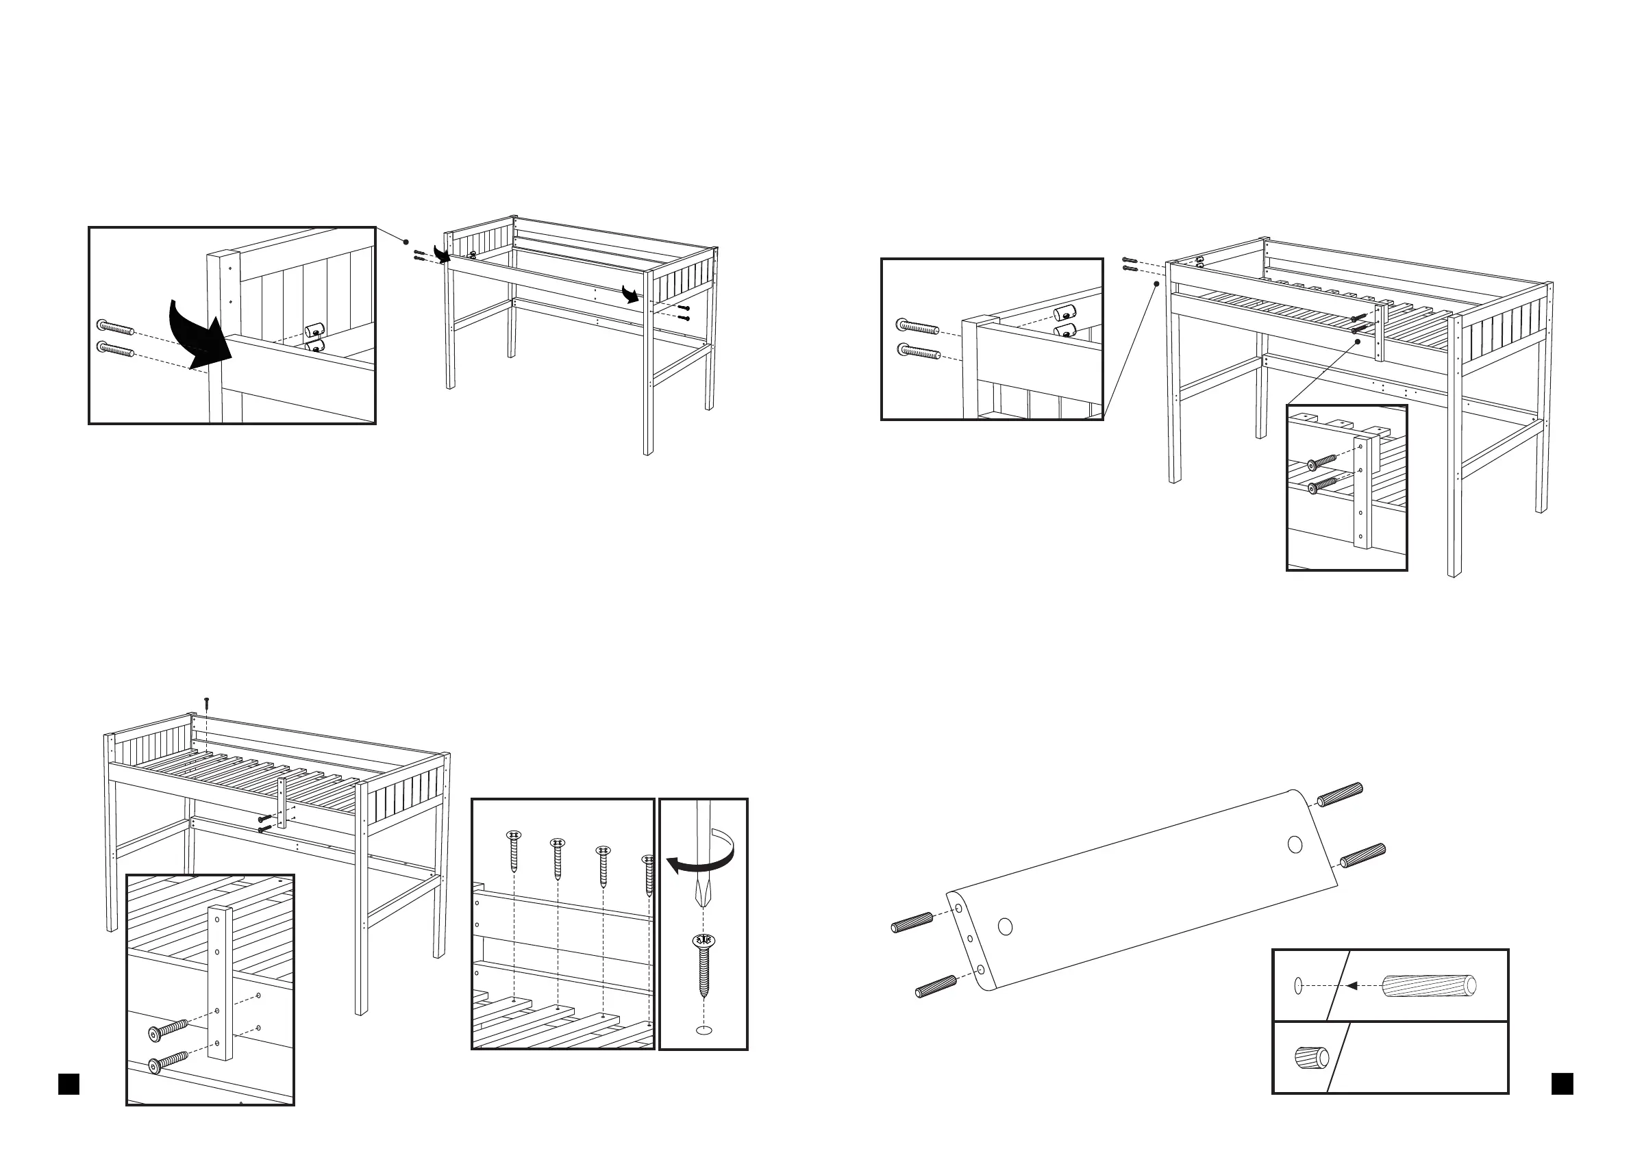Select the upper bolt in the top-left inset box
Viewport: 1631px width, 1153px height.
coord(115,327)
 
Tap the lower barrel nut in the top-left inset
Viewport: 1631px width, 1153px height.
coord(314,346)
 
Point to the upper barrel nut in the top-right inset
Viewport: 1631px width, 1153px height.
coord(1063,313)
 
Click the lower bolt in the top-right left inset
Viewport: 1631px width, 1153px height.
coord(919,351)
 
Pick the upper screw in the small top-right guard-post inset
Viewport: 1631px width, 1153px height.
coord(1322,463)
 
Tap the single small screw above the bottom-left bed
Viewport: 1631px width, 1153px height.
coord(206,704)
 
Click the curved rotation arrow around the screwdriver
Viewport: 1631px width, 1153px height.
coord(704,859)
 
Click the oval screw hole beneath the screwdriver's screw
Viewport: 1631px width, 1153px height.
coord(704,1030)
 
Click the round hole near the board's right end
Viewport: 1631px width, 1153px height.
coord(1294,845)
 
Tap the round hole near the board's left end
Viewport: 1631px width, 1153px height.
coord(1004,926)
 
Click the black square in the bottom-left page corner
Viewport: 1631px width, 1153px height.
coord(69,1084)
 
